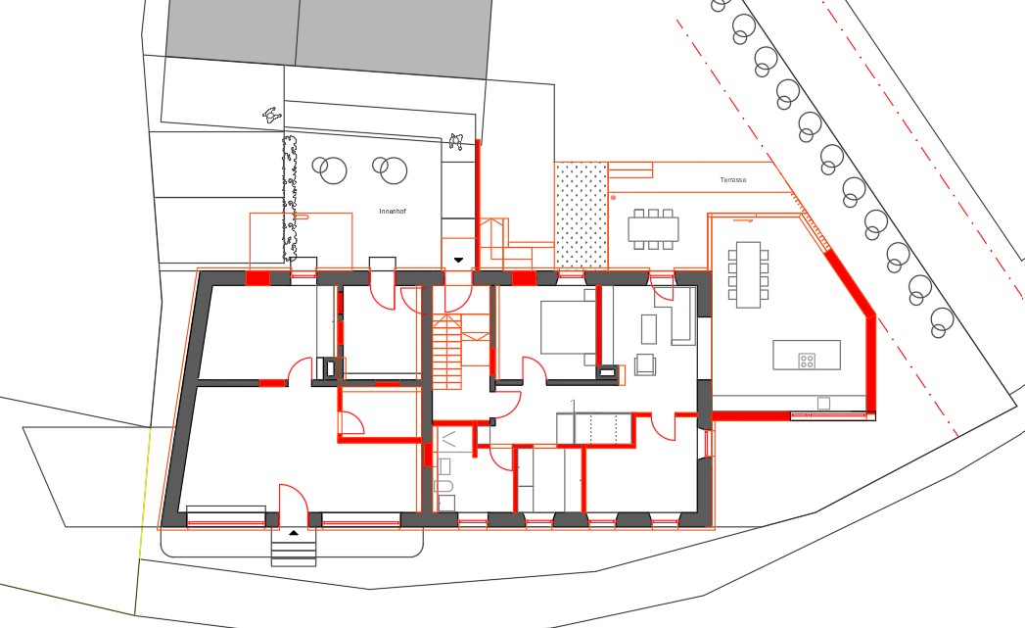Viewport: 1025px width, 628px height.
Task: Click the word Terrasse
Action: [x=733, y=180]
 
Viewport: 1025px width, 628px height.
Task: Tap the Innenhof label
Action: [x=393, y=212]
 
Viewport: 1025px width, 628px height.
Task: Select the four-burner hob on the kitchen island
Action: [x=807, y=361]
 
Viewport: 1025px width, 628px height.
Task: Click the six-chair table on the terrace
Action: [x=653, y=229]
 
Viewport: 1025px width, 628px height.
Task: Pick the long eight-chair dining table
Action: [x=748, y=274]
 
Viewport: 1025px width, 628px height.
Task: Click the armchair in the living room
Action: [x=644, y=364]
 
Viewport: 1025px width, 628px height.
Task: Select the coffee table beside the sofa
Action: [x=648, y=329]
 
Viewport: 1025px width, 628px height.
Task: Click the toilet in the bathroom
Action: [x=443, y=485]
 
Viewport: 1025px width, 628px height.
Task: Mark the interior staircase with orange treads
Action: [x=447, y=352]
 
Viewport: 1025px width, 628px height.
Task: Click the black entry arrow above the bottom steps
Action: [x=294, y=533]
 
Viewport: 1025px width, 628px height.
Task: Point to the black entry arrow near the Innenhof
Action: [x=458, y=260]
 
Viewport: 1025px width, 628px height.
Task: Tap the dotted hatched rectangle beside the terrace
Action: [x=581, y=216]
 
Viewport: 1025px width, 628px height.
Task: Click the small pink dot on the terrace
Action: [x=613, y=197]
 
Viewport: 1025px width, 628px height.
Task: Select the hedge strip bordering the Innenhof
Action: [x=289, y=198]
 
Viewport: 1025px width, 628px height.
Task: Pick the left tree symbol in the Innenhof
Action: [x=330, y=169]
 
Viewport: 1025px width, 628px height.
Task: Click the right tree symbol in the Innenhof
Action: [x=391, y=169]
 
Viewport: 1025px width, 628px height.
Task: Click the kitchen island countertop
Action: [x=807, y=355]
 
